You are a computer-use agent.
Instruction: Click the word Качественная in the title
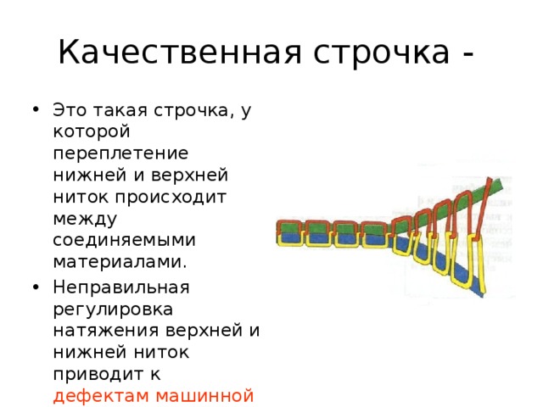tap(180, 52)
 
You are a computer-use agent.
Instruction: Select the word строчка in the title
tap(382, 52)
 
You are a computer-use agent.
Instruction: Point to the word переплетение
tap(120, 154)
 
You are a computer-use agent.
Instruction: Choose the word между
tap(85, 220)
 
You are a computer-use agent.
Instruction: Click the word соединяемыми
tap(125, 241)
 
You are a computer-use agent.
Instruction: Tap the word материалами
tap(120, 262)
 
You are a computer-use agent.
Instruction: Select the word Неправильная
tap(121, 288)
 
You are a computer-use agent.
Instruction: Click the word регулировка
tap(113, 309)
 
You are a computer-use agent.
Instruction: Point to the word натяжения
tap(105, 331)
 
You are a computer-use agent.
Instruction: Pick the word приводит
tap(96, 375)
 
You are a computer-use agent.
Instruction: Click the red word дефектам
tap(101, 396)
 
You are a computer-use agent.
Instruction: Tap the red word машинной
tap(205, 396)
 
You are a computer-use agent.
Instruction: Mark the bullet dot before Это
tap(36, 109)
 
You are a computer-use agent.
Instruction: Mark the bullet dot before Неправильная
tap(36, 287)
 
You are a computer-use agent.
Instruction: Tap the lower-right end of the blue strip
tap(483, 294)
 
